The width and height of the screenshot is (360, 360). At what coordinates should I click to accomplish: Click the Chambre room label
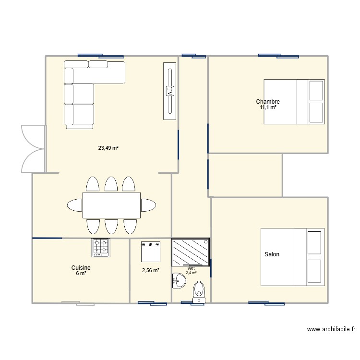click(x=268, y=102)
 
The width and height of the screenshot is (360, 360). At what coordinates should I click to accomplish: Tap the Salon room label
click(x=272, y=254)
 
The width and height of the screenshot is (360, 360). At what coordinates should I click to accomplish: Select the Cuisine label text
click(x=81, y=268)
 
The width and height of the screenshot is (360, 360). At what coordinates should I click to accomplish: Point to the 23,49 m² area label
click(x=108, y=148)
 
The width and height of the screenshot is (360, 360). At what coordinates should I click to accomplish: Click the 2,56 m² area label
click(x=150, y=270)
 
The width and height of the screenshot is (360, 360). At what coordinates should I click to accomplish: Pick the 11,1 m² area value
click(x=268, y=108)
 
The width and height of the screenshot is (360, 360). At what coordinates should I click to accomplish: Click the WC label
click(x=191, y=268)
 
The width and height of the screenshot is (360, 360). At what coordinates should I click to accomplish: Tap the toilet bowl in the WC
click(x=199, y=291)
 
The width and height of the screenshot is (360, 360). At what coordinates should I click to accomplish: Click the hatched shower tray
click(x=191, y=252)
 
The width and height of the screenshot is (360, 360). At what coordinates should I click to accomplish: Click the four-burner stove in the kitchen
click(x=101, y=247)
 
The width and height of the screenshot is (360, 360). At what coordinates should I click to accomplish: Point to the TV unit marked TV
click(x=169, y=91)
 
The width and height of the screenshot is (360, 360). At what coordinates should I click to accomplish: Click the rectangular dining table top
click(x=111, y=205)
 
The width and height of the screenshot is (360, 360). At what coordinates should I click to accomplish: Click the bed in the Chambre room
click(x=294, y=102)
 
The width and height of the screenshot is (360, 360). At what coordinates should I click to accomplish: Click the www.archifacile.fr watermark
click(x=331, y=329)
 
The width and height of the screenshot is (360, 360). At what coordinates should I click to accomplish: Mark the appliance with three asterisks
click(x=150, y=251)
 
